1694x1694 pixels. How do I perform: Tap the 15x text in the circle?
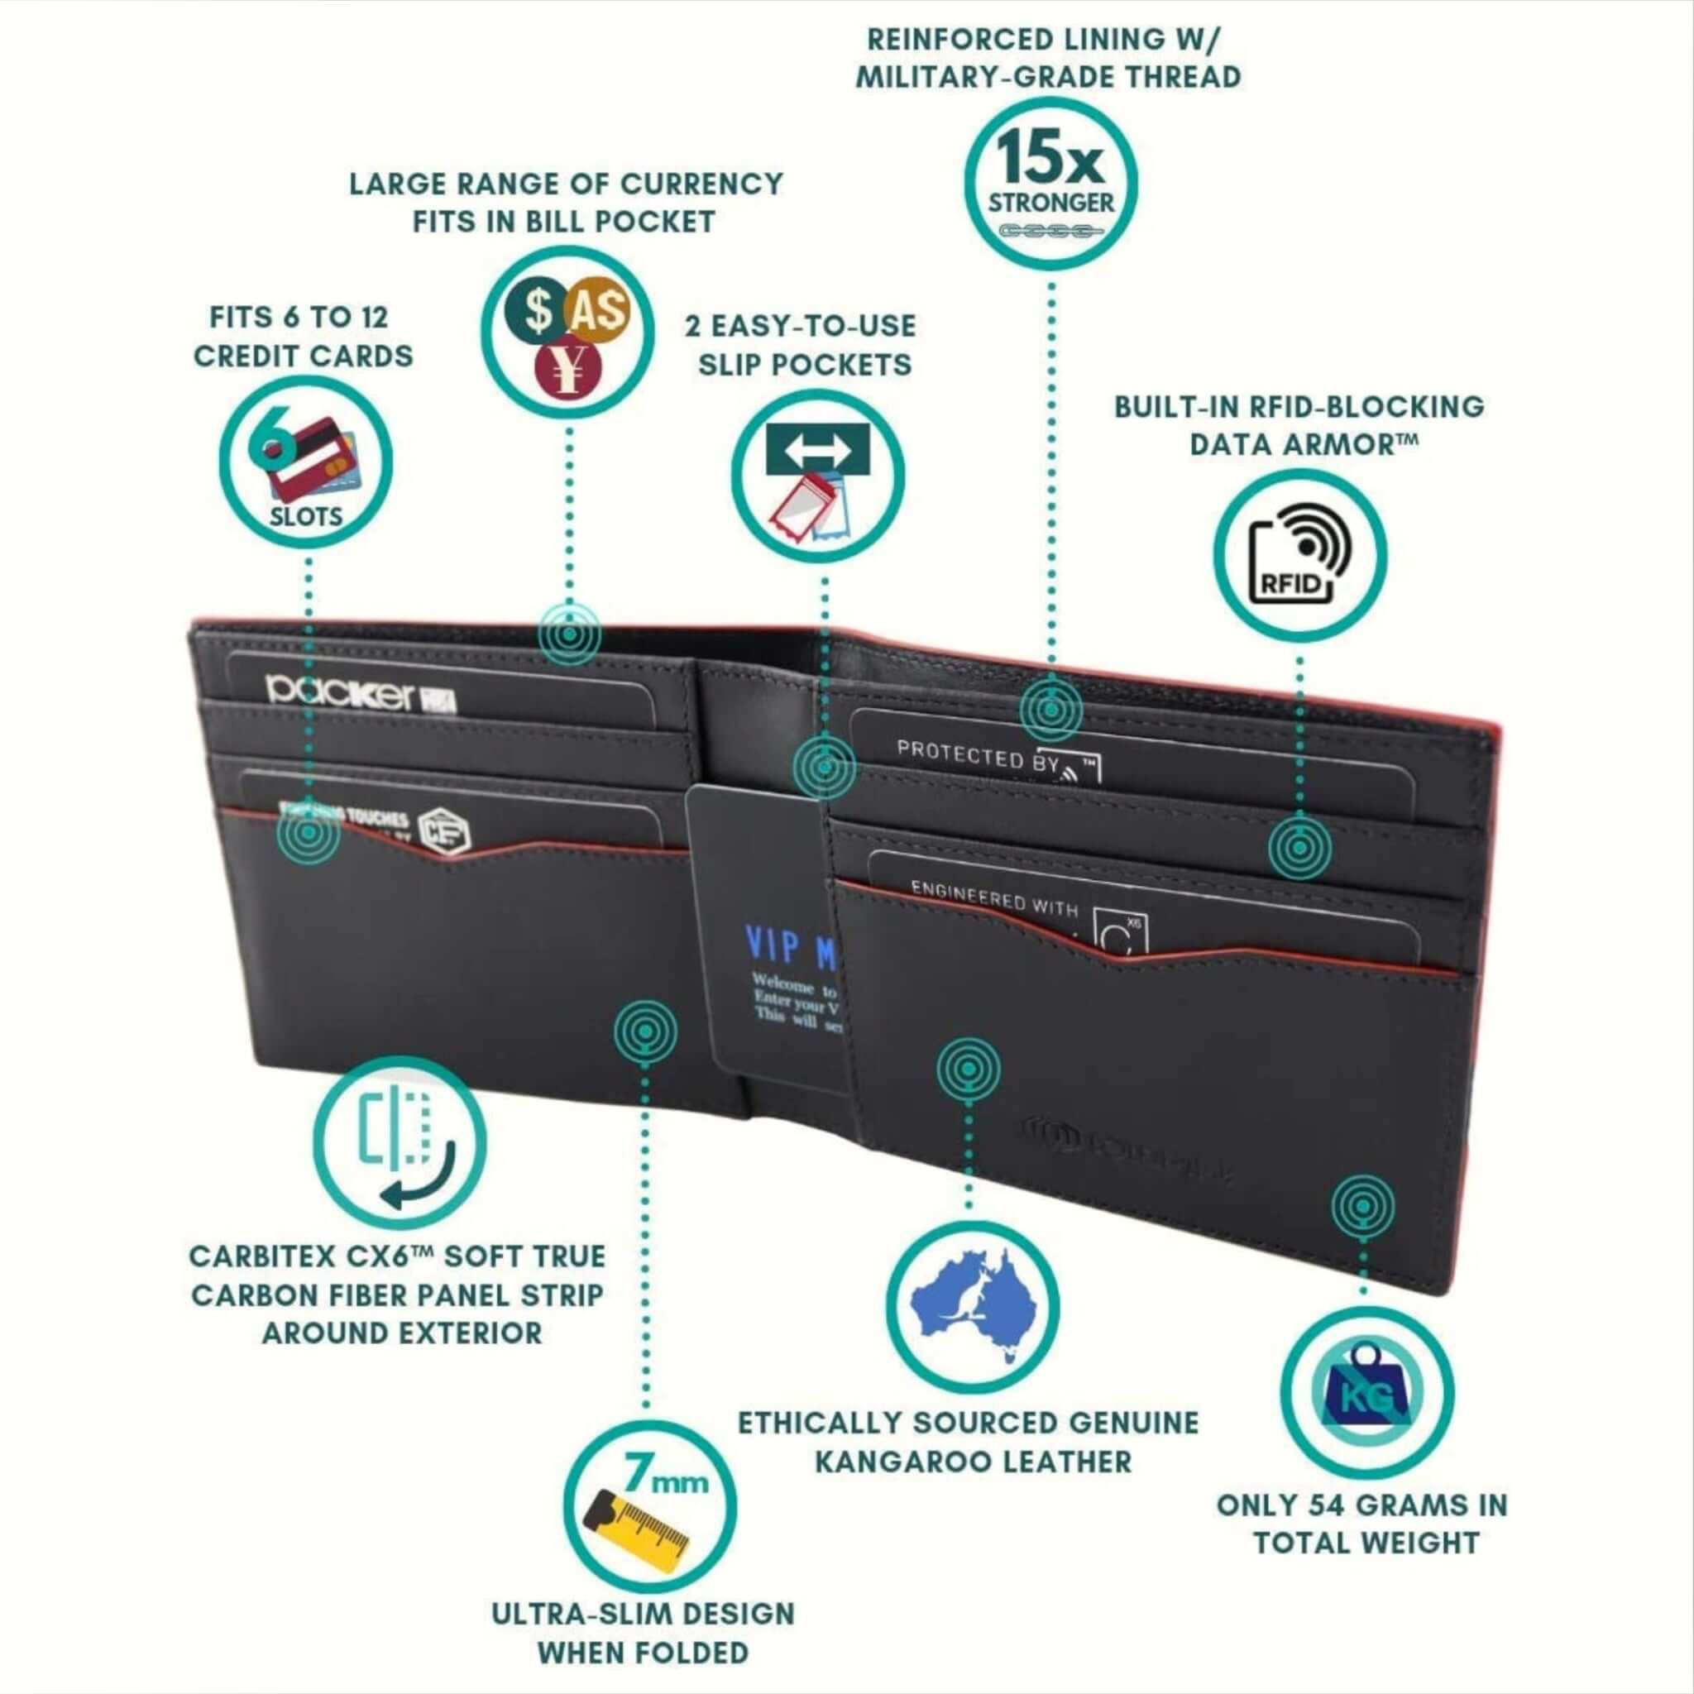click(1049, 157)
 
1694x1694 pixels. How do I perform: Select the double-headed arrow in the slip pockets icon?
click(817, 451)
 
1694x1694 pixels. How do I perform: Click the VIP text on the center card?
click(772, 945)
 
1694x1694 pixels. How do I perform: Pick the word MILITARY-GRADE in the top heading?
click(974, 77)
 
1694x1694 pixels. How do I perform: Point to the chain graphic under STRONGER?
click(1050, 231)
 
